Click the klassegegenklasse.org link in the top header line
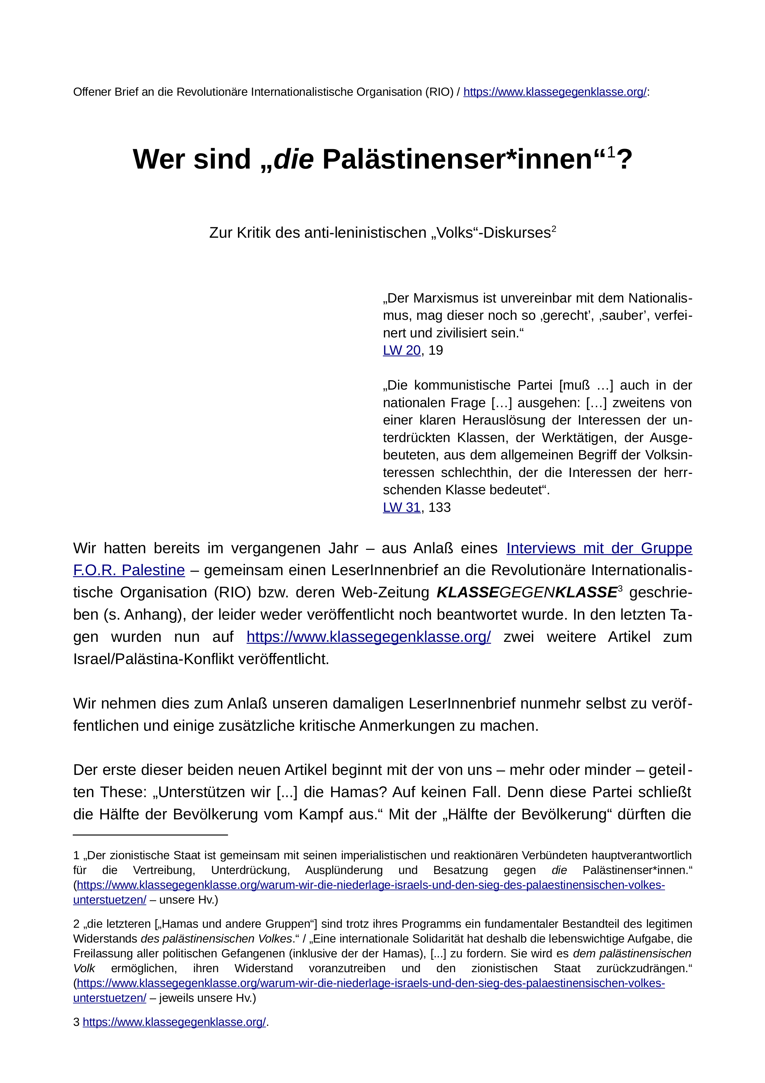point(555,92)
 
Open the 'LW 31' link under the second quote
point(401,508)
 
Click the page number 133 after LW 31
point(439,508)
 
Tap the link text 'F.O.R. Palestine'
point(129,570)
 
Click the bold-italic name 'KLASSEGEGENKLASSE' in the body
point(526,592)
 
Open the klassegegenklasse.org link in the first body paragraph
point(368,637)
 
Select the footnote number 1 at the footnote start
point(76,856)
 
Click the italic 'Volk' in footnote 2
point(84,968)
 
